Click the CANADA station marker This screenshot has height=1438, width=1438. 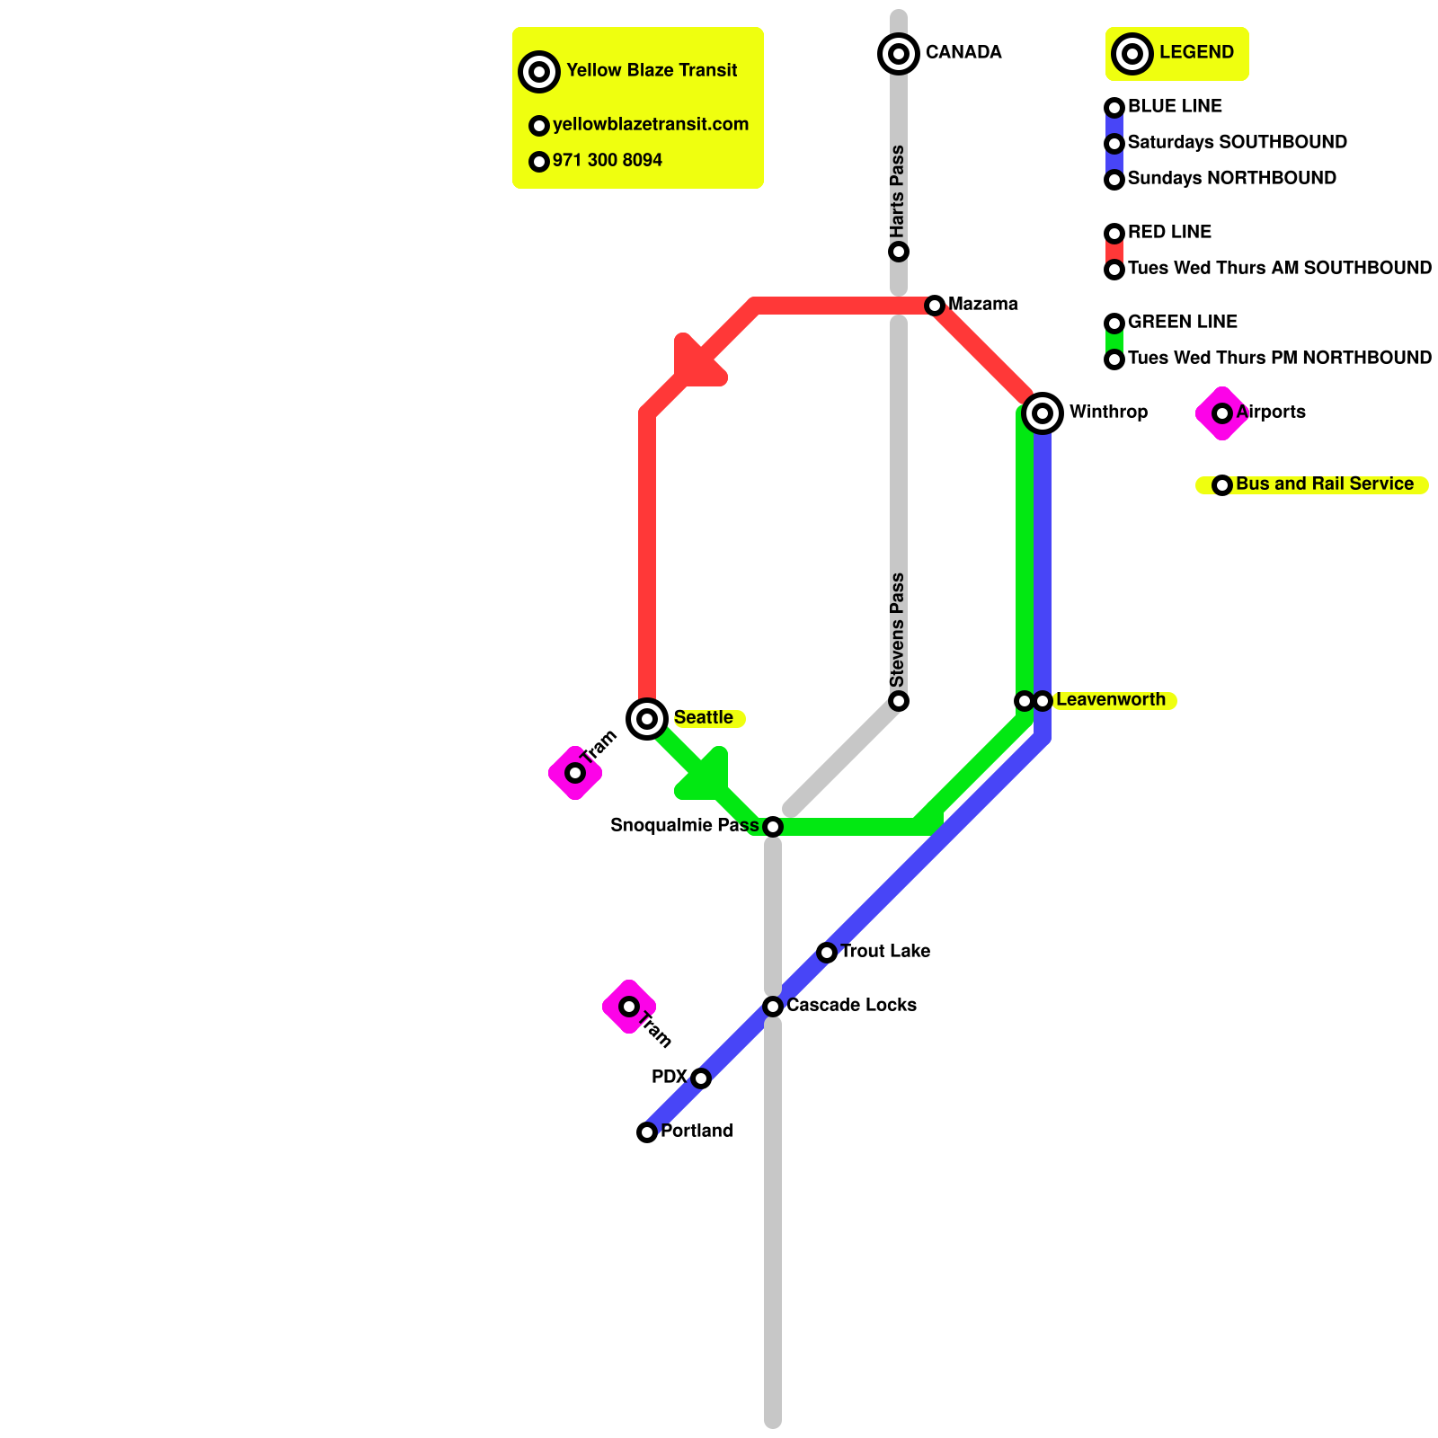click(899, 54)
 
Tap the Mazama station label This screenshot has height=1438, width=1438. click(982, 305)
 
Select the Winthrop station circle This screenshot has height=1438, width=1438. click(1043, 413)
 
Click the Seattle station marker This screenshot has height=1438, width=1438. click(647, 719)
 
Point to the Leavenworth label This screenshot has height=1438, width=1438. click(1110, 700)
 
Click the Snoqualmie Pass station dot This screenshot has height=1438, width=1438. click(773, 827)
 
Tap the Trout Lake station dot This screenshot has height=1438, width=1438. click(827, 953)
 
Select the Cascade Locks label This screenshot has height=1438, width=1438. click(851, 1006)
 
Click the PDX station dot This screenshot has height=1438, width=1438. click(701, 1078)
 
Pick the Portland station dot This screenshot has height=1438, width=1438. click(647, 1132)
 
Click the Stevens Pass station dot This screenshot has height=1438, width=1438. click(899, 701)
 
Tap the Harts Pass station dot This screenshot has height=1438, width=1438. click(899, 252)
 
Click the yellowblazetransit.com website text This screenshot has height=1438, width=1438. click(651, 125)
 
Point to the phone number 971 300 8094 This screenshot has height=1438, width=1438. click(608, 161)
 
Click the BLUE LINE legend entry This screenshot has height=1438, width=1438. click(1175, 107)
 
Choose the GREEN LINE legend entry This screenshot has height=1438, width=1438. click(1182, 323)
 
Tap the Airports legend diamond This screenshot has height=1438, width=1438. click(1222, 413)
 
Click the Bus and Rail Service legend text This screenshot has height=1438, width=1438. click(1325, 484)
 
